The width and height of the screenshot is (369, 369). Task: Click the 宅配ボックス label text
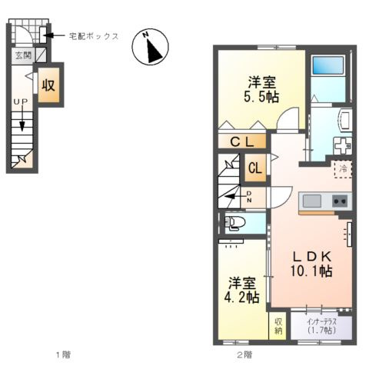[x=93, y=35]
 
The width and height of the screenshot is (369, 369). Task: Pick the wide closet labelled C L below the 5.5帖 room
[x=242, y=141]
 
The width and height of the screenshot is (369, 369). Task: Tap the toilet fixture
[x=234, y=224]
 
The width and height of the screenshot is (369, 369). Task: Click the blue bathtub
[x=330, y=76]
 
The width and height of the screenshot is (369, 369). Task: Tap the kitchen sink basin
[x=311, y=201]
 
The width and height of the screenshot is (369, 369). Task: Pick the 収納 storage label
[x=277, y=326]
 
